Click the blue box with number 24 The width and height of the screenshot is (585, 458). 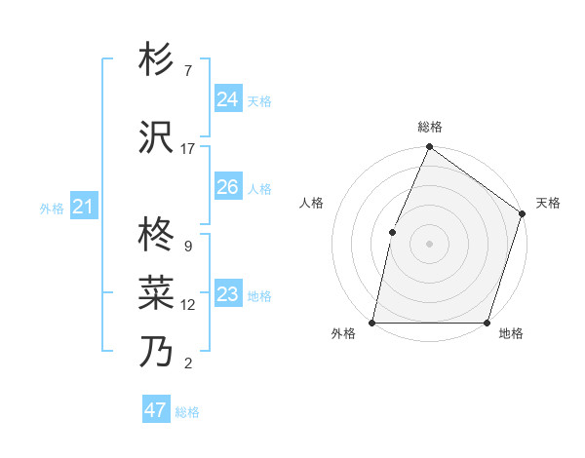[x=227, y=98]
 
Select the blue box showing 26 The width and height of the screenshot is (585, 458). [x=227, y=186]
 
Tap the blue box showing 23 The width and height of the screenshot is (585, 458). [x=227, y=294]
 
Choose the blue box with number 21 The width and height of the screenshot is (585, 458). [x=83, y=206]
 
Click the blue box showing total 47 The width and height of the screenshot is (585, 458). [x=155, y=410]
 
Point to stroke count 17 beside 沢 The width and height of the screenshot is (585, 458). [x=188, y=148]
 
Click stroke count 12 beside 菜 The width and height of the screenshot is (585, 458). [x=188, y=304]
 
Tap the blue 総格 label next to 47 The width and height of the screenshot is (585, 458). [x=187, y=412]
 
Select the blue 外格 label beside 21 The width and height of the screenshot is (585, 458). [x=52, y=208]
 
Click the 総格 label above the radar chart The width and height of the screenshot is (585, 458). [x=429, y=128]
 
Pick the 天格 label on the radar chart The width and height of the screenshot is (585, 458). [x=548, y=203]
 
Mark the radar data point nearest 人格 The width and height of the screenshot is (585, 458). [x=392, y=231]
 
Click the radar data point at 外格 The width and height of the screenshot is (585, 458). [x=372, y=322]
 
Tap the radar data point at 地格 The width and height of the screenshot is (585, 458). [x=487, y=322]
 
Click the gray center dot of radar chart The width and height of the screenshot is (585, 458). [x=429, y=243]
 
